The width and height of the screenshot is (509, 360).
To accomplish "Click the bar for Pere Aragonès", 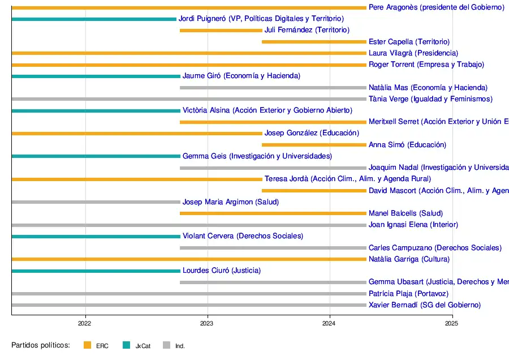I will click(x=189, y=7).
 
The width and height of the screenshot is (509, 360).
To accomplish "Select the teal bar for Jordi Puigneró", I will click(x=94, y=19).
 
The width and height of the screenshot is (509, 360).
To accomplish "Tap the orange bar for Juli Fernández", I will click(x=221, y=30).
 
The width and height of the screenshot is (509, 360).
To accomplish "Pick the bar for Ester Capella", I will click(x=314, y=41).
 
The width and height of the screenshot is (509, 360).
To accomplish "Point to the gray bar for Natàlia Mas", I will click(x=273, y=87).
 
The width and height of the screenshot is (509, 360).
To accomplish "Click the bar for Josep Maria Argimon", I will click(x=96, y=202).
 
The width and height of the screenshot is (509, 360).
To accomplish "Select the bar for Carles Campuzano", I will click(x=273, y=247).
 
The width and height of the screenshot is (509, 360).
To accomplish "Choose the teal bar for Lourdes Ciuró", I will click(x=96, y=271).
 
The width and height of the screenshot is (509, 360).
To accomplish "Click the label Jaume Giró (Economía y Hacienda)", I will click(x=241, y=76).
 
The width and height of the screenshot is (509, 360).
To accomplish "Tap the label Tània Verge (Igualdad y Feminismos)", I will click(x=430, y=99).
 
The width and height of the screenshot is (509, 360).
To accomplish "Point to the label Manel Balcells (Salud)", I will click(x=406, y=213).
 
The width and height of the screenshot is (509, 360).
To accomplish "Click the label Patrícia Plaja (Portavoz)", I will click(x=408, y=294).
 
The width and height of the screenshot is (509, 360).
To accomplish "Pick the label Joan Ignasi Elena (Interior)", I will click(x=413, y=225).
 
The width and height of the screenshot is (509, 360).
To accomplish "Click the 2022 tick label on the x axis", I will click(x=85, y=324).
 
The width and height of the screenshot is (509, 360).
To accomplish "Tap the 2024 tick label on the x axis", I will click(x=330, y=324).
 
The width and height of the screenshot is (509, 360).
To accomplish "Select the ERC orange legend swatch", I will click(x=87, y=345).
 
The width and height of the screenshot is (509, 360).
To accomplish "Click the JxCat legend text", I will click(x=143, y=346).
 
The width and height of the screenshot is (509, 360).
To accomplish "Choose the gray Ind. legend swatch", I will click(x=166, y=345).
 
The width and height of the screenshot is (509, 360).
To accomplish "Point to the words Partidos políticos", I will click(x=40, y=345).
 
